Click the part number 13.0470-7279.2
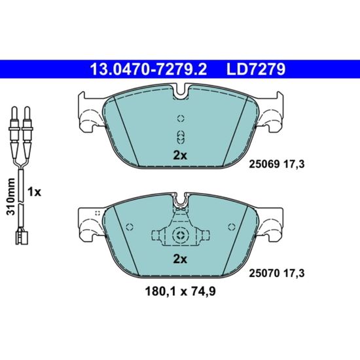(x=149, y=69)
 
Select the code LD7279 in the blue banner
(x=256, y=69)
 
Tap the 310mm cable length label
(x=10, y=196)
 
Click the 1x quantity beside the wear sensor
(x=34, y=192)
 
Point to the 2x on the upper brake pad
(x=180, y=156)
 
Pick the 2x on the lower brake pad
(x=180, y=259)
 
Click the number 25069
(x=264, y=164)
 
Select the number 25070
(x=264, y=273)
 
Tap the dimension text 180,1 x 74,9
(x=180, y=291)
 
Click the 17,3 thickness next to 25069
(x=294, y=164)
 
